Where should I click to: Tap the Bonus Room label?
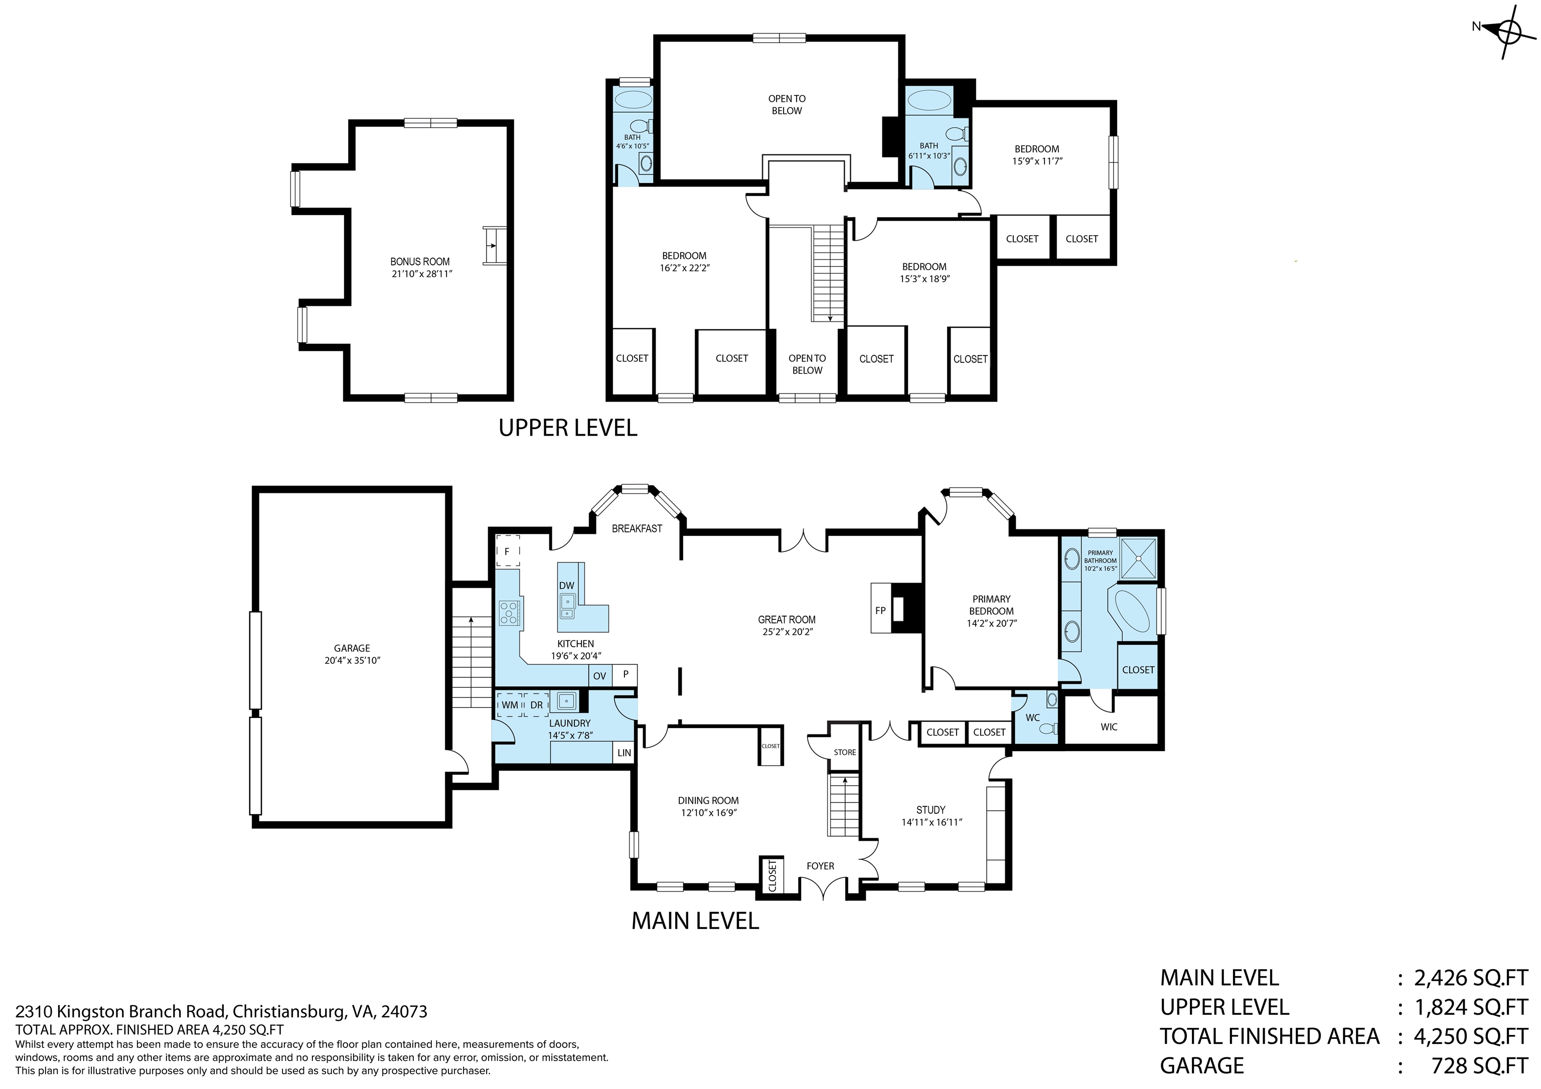420,262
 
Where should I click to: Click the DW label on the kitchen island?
566,585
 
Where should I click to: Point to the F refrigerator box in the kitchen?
508,552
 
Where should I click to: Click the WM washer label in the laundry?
510,705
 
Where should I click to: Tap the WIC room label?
1109,727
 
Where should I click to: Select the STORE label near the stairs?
844,752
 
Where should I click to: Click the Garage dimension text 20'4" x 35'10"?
352,660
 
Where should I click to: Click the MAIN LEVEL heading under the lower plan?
695,921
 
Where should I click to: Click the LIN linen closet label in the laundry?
624,753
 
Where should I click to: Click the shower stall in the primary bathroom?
1139,557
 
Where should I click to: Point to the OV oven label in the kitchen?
599,676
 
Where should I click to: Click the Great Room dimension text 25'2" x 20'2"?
787,631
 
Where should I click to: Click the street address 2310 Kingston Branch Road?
222,1011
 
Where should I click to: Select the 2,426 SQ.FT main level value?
1470,978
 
